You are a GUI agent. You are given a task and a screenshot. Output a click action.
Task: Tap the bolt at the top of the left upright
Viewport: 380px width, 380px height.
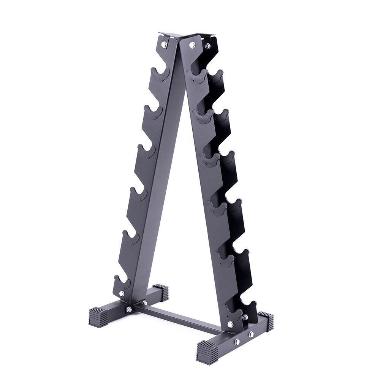pos(164,44)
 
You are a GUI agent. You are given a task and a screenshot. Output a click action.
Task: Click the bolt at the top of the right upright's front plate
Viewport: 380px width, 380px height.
pos(192,45)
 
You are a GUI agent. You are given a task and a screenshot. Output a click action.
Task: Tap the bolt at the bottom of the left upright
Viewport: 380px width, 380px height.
pos(122,293)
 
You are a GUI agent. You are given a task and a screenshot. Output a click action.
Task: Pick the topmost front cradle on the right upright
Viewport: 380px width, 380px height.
pos(198,77)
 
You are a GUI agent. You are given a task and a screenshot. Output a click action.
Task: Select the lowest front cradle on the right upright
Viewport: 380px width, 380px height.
pos(232,312)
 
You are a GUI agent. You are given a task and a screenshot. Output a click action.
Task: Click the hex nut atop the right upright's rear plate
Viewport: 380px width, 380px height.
pos(207,46)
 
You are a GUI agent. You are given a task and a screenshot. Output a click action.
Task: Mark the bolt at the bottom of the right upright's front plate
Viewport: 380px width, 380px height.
pos(231,324)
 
